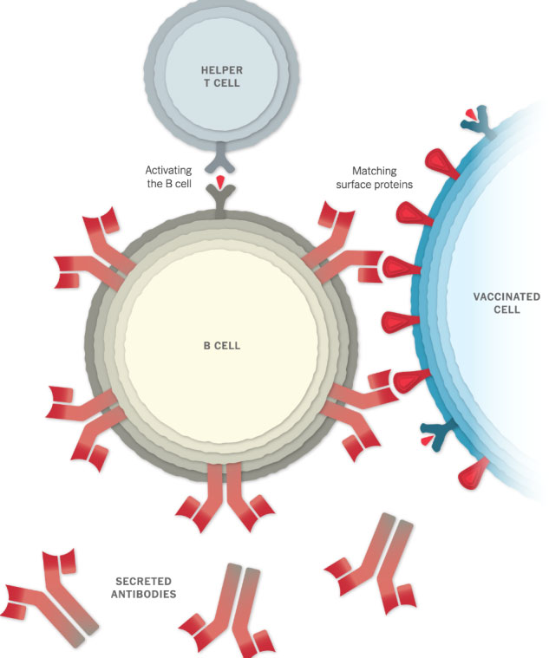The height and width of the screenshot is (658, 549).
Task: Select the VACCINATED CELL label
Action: (x=506, y=303)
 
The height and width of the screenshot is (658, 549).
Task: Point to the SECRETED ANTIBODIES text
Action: (x=145, y=587)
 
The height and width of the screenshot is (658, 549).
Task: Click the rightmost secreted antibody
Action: (x=373, y=564)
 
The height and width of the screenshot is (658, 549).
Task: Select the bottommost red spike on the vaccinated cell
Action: (x=475, y=472)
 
